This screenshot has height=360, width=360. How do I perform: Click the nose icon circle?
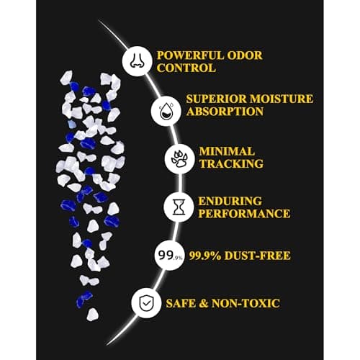pos(137,61)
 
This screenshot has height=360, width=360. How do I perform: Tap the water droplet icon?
pos(166,110)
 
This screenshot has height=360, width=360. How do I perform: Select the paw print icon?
pos(179,159)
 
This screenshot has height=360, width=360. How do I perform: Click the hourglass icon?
pos(179,207)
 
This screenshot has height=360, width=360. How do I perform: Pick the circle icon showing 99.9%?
pos(169,256)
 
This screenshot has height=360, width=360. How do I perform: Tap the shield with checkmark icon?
pos(146,303)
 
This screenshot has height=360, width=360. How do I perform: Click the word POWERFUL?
pos(190,55)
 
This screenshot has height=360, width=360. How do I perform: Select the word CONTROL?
pos(186,68)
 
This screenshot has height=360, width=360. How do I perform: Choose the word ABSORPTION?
pos(225,112)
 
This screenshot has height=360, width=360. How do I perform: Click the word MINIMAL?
pos(227,151)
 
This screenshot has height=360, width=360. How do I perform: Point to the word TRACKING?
pos(231,164)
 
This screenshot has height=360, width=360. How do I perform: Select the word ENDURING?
pos(230,202)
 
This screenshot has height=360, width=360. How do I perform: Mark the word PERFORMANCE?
pos(244,214)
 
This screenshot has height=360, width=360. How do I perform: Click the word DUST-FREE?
pos(258,256)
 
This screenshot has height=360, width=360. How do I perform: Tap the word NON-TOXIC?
pos(246,303)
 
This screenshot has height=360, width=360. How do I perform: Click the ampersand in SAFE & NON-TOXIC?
pos(204,303)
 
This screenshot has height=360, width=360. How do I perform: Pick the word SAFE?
pos(181,303)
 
